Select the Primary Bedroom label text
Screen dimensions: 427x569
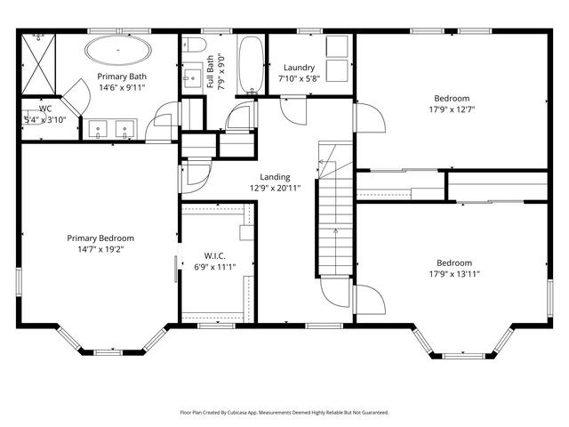point(100,238)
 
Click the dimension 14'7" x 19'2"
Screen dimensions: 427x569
point(100,250)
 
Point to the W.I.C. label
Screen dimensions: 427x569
point(215,255)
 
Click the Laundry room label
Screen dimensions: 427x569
point(299,68)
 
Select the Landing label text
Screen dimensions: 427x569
point(275,176)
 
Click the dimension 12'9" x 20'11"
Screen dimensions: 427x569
point(275,189)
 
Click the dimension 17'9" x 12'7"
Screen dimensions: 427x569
point(452,110)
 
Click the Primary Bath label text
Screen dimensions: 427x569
point(115,76)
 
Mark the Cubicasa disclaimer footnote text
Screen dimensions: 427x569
point(284,413)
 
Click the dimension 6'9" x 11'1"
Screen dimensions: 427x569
point(215,268)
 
